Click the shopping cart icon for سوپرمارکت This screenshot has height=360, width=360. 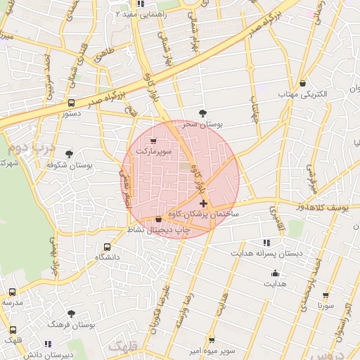point(153,141)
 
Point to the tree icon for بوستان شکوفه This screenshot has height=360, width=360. point(69,154)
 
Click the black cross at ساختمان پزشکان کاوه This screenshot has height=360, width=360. point(204,203)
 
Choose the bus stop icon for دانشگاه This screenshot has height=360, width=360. point(107,247)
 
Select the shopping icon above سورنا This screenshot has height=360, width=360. point(325,296)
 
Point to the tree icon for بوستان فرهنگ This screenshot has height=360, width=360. point(71,314)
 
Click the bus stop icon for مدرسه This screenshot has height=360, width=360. point(12,292)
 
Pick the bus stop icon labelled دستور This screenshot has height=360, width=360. point(70,103)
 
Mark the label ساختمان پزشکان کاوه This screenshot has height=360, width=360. point(210,213)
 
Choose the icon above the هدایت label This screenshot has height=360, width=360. point(275,274)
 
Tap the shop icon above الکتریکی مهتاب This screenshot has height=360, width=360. point(302,83)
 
